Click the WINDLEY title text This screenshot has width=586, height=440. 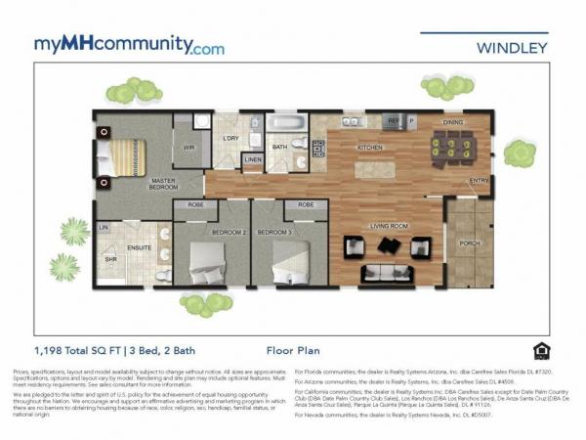pyautogui.click(x=512, y=46)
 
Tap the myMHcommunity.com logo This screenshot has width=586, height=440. pyautogui.click(x=129, y=45)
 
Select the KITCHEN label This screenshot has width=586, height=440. pyautogui.click(x=370, y=148)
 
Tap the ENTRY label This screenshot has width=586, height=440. pyautogui.click(x=479, y=181)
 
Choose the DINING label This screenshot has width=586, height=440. pyautogui.click(x=453, y=124)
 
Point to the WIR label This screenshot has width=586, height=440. pyautogui.click(x=189, y=149)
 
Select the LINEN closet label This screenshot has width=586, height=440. pyautogui.click(x=253, y=158)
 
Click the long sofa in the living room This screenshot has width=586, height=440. pyautogui.click(x=382, y=273)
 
